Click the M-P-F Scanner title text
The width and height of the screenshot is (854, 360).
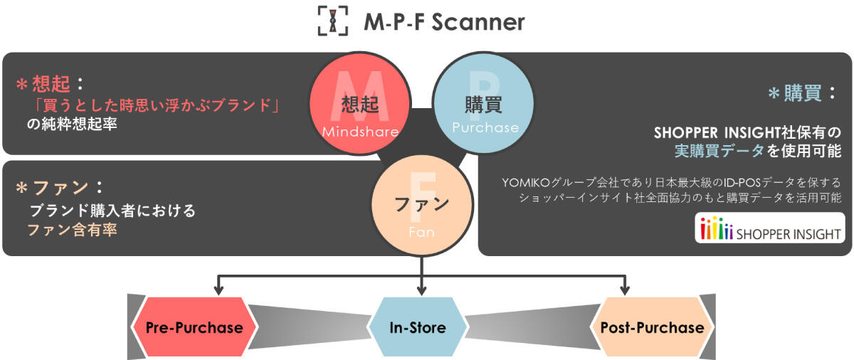[x=444, y=22]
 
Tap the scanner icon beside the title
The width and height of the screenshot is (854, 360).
[x=334, y=22]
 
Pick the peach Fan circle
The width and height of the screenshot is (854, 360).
[x=421, y=206]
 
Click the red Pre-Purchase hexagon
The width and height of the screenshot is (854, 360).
[x=194, y=328]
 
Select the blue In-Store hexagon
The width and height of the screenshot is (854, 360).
[x=418, y=328]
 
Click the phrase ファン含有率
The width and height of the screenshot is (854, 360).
[x=72, y=230]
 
